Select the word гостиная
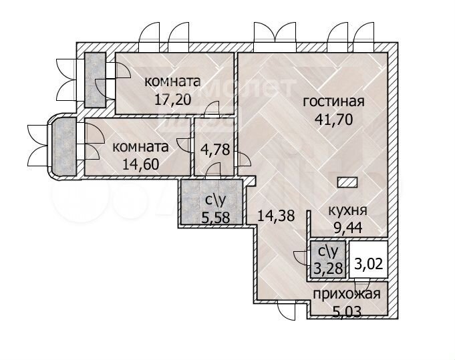pos(333,102)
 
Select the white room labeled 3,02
pos(368,263)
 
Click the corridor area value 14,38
pos(275,215)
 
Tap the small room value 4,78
pos(215,150)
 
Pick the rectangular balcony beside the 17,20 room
pos(94,79)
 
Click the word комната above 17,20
pos(172,81)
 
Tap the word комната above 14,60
pos(140,146)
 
